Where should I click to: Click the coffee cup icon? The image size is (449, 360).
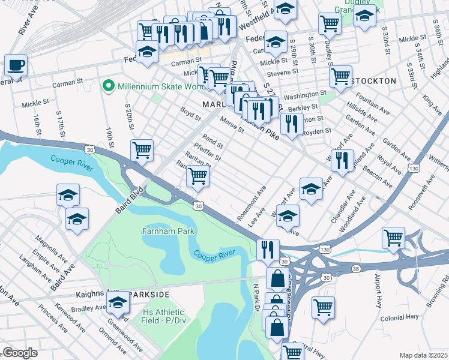(16, 64)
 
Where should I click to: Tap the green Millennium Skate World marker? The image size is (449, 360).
(109, 86)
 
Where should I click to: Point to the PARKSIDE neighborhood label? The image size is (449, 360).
(149, 294)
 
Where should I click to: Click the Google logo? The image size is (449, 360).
(19, 353)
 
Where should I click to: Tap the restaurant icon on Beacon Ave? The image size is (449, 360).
(342, 159)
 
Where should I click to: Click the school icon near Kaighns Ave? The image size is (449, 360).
(118, 303)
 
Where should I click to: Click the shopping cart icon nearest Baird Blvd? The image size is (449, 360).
(142, 150)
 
